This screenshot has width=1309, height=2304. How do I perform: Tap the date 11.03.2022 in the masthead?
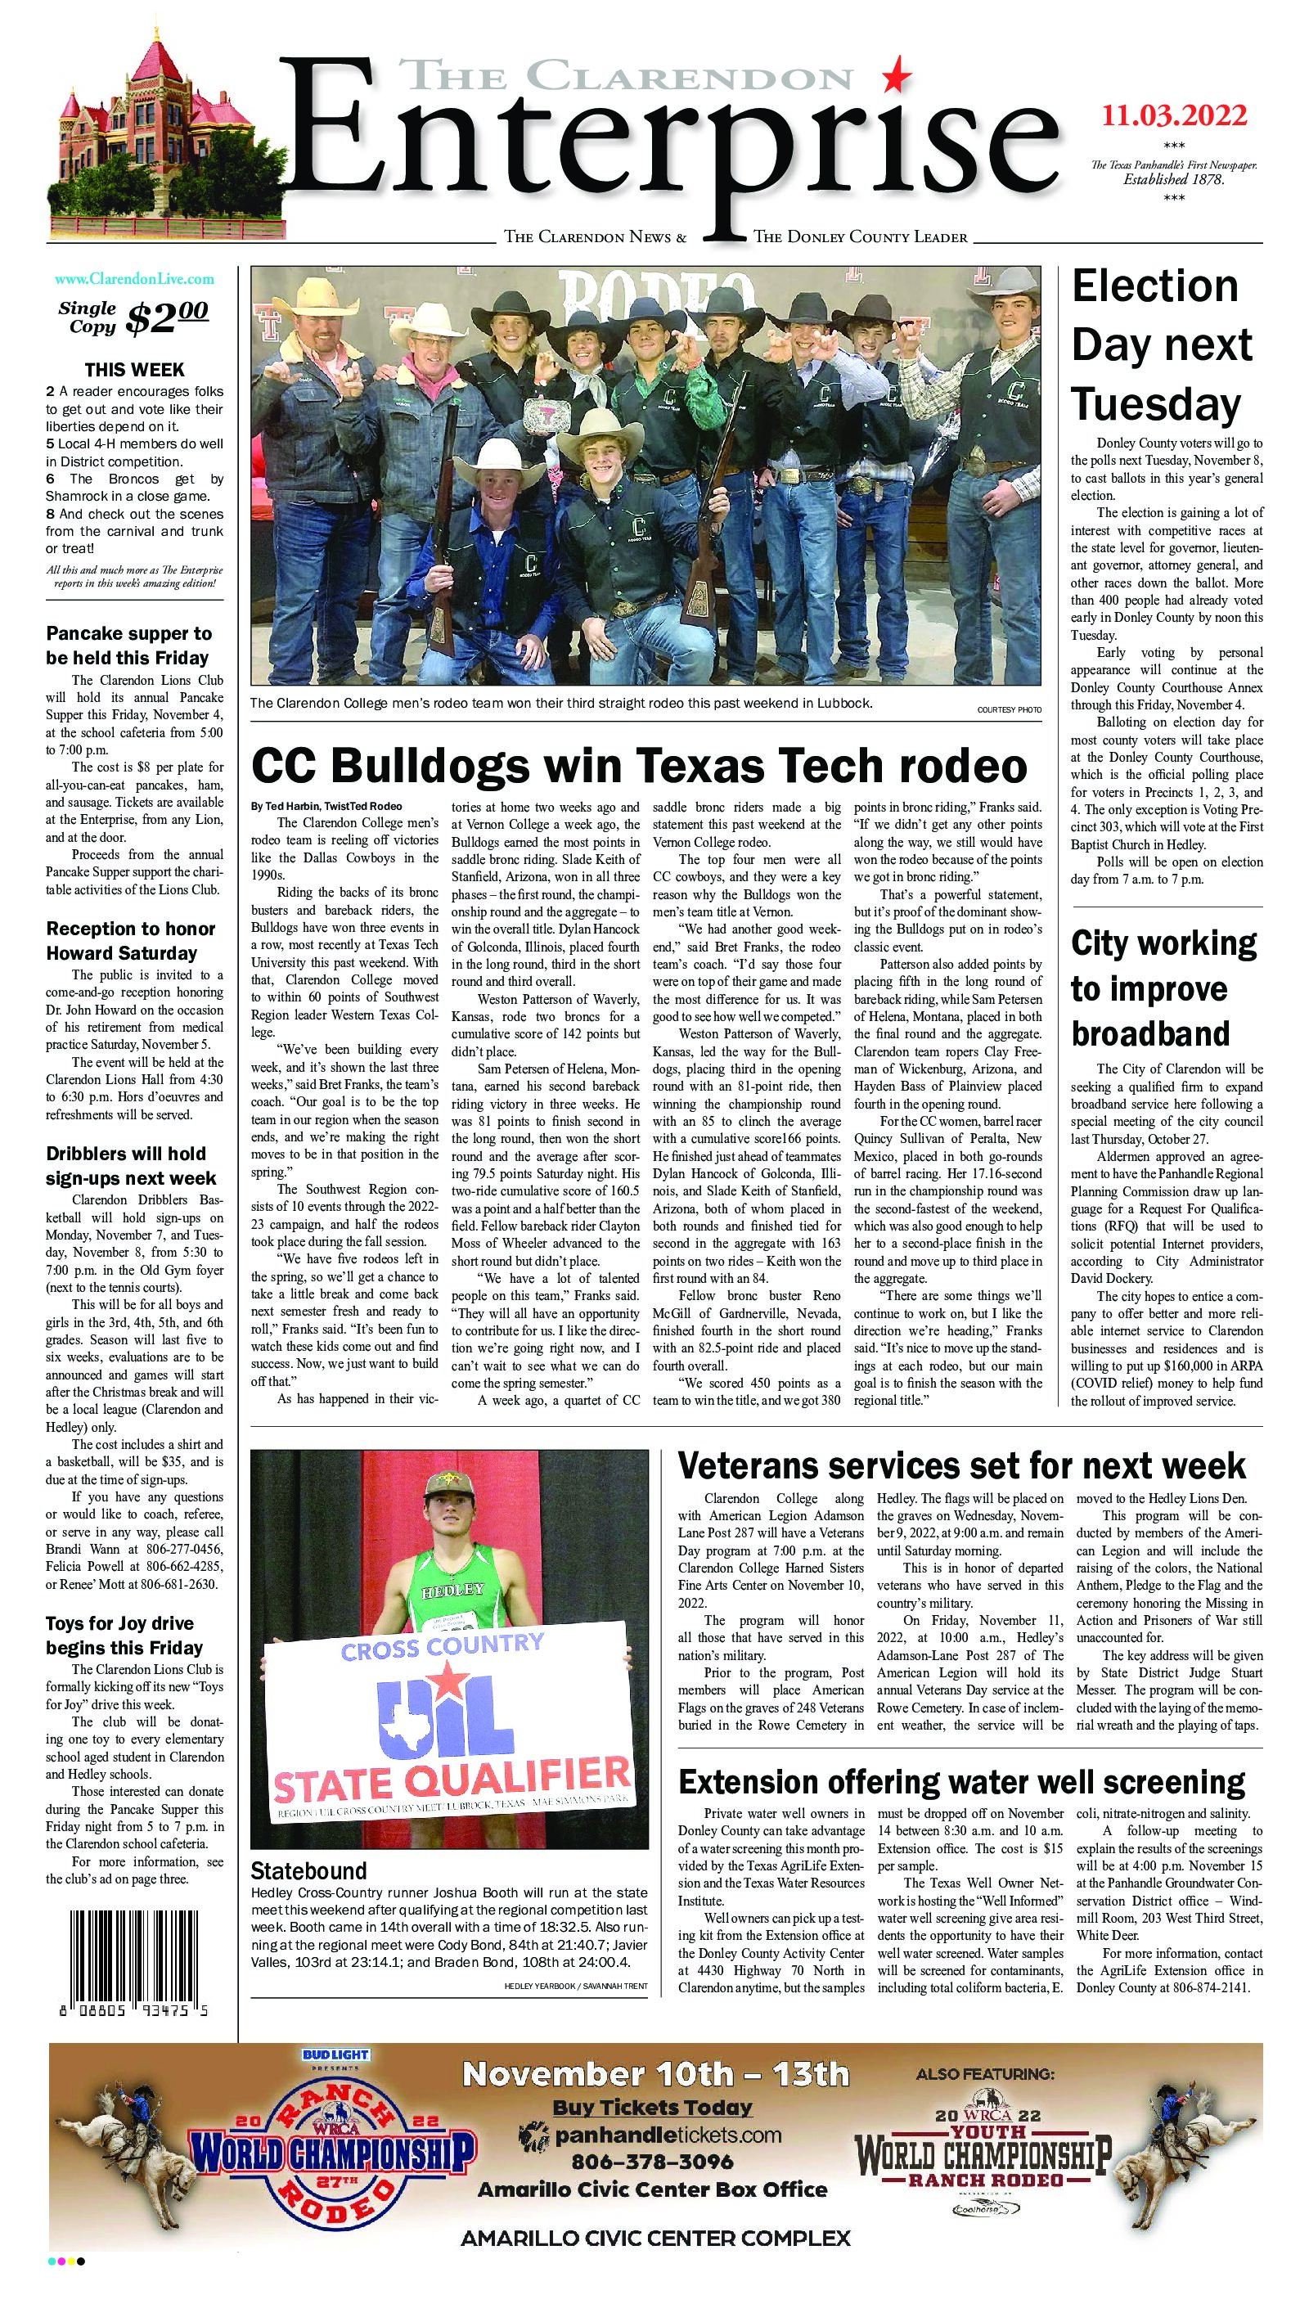(1175, 117)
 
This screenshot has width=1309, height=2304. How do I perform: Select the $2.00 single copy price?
(167, 317)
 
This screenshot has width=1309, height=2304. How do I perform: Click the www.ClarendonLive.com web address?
(134, 280)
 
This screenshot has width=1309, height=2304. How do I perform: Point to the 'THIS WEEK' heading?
(134, 370)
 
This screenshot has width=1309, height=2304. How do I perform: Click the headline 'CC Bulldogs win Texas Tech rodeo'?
(638, 767)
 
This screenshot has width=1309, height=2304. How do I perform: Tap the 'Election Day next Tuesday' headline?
(1162, 346)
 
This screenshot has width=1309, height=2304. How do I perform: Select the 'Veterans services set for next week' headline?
(961, 1466)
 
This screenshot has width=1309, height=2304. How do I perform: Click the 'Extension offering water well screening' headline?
(961, 1781)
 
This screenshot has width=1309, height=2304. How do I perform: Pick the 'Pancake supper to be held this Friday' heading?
(128, 646)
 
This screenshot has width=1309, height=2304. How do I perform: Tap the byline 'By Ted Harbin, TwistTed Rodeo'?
(326, 805)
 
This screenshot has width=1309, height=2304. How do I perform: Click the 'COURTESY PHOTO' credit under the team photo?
(1009, 710)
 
